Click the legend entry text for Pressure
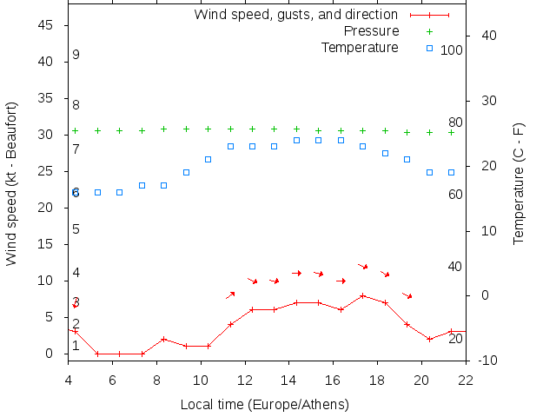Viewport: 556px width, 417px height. [x=360, y=31]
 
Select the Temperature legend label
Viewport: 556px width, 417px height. [x=360, y=47]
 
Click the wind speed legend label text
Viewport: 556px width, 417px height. [x=296, y=15]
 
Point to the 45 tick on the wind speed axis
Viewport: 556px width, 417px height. [x=48, y=25]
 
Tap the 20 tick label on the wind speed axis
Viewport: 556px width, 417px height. [x=48, y=208]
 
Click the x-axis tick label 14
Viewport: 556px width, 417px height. [x=289, y=380]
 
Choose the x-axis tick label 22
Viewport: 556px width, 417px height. [x=466, y=380]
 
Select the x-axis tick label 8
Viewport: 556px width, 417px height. [x=156, y=380]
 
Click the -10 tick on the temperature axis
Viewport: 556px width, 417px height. [x=484, y=361]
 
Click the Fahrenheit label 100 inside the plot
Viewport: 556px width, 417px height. [x=452, y=50]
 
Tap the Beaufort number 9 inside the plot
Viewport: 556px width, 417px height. [x=76, y=55]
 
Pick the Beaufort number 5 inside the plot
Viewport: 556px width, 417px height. [x=76, y=229]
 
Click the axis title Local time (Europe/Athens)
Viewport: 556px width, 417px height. [x=264, y=405]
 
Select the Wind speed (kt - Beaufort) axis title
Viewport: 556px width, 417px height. [x=12, y=183]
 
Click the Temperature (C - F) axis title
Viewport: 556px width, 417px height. [x=519, y=183]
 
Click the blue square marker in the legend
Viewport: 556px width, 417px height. [x=429, y=48]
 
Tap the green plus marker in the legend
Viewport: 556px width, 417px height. [x=429, y=31]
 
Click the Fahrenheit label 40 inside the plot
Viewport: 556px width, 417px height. [x=455, y=266]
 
